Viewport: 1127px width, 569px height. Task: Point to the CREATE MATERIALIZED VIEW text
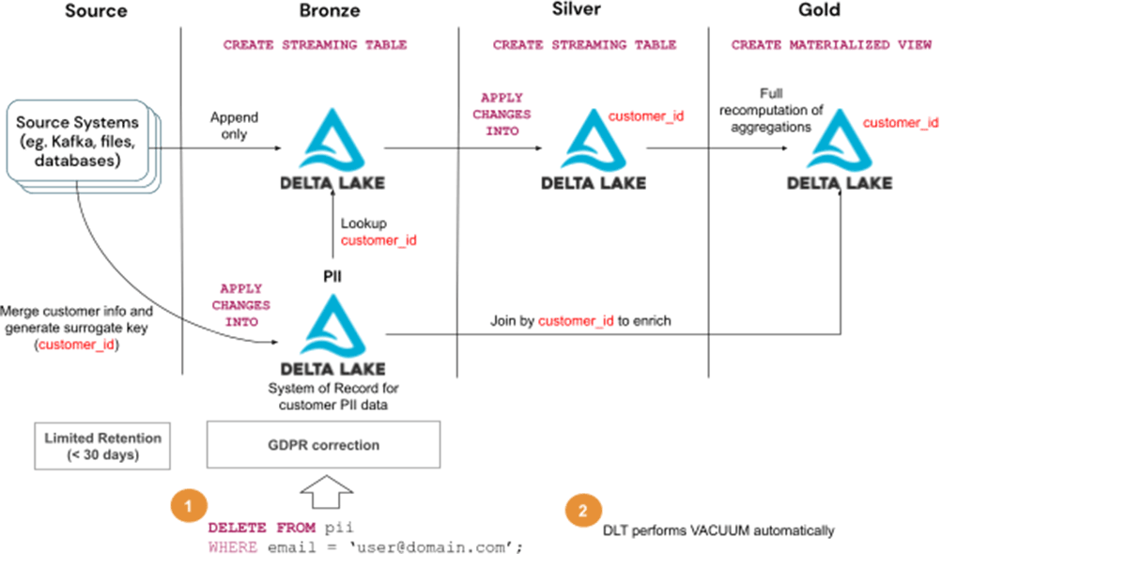point(831,44)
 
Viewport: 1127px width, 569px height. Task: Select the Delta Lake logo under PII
point(332,333)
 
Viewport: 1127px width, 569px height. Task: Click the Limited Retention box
point(102,446)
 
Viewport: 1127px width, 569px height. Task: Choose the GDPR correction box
point(323,444)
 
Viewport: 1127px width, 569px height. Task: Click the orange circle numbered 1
point(188,505)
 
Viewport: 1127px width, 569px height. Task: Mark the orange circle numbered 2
point(582,512)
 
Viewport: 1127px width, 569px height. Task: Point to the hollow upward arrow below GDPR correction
point(325,490)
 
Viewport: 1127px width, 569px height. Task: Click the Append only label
point(234,126)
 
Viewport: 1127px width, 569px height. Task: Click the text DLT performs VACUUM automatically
point(718,531)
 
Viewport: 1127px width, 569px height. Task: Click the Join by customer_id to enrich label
point(581,321)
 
